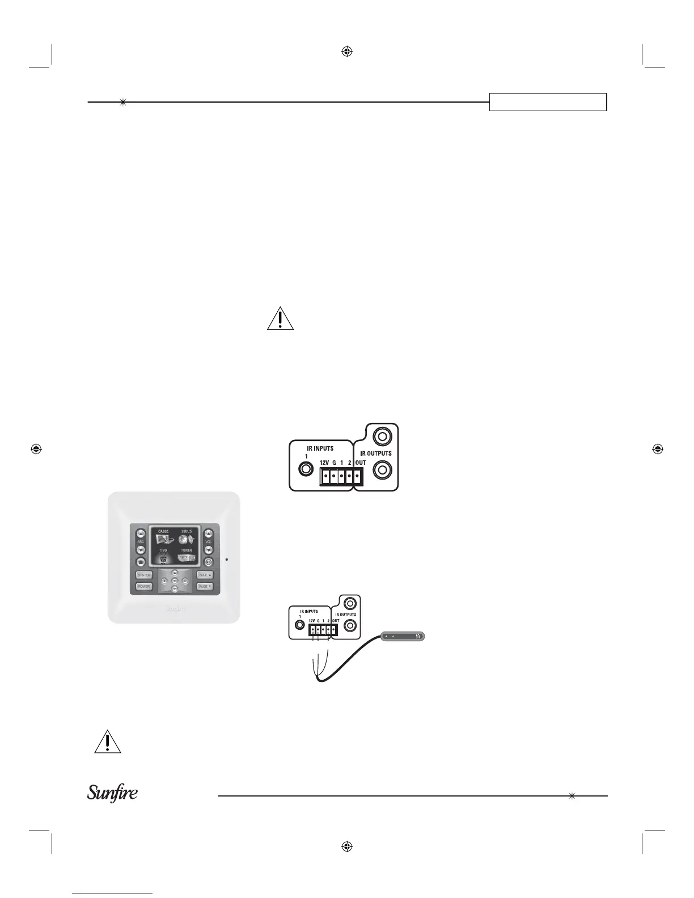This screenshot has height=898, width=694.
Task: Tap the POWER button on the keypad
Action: click(x=144, y=587)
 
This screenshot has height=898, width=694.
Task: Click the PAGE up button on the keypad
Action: click(x=205, y=575)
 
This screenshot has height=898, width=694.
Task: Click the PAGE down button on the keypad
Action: click(x=205, y=587)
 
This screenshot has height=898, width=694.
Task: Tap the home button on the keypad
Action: click(x=141, y=562)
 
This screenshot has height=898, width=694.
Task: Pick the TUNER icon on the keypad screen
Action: click(x=187, y=558)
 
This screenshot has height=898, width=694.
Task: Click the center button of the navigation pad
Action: click(x=175, y=581)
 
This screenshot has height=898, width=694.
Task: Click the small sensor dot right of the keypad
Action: click(x=227, y=560)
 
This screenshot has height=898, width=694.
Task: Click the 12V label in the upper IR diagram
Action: click(x=324, y=463)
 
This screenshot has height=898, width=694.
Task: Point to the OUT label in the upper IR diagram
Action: click(x=361, y=463)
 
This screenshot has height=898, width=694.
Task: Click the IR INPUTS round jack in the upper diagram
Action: click(x=306, y=469)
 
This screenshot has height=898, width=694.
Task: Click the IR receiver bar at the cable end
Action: click(x=403, y=637)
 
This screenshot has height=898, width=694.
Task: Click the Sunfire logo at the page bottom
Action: click(x=112, y=793)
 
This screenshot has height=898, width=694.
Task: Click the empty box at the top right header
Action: click(x=548, y=102)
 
